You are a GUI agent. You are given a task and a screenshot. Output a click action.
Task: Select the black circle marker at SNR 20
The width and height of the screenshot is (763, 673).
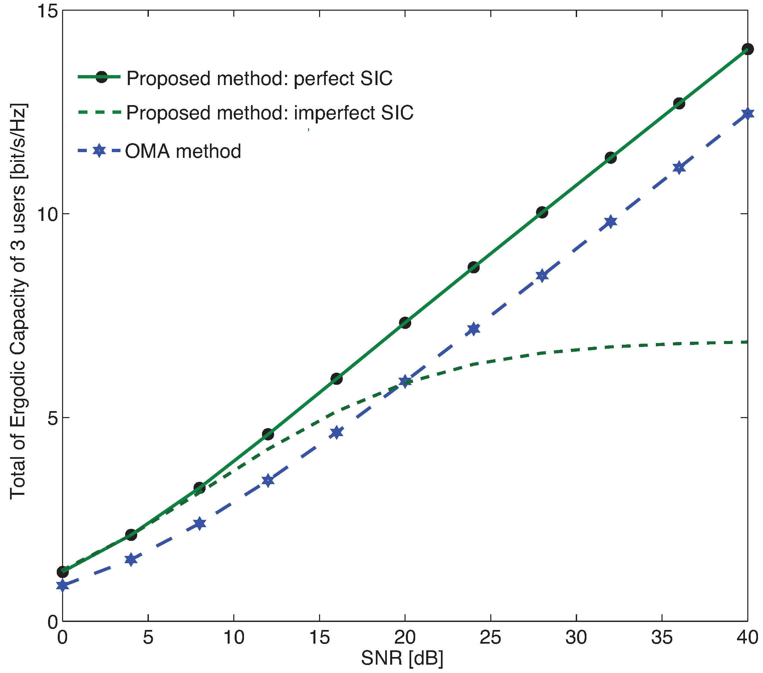point(405,323)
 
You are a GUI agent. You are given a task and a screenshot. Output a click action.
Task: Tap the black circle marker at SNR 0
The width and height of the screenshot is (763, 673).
point(63,572)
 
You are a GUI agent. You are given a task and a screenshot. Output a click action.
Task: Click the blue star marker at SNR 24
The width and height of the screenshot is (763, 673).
point(473,329)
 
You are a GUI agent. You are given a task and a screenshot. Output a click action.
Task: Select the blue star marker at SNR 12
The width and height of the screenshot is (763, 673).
point(268,480)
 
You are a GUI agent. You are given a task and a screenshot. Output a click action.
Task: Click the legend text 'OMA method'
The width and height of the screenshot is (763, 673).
point(183,151)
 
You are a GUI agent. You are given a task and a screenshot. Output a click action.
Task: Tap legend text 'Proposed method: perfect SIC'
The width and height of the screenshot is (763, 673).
point(259,78)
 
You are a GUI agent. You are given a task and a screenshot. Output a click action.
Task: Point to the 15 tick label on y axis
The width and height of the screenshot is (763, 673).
point(47,11)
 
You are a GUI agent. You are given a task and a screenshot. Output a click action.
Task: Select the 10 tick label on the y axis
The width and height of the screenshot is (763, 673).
point(47,214)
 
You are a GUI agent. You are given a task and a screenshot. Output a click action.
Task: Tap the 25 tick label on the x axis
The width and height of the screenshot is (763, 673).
point(490,637)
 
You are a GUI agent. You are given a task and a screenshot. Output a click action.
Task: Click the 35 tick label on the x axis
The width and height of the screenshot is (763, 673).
point(662,637)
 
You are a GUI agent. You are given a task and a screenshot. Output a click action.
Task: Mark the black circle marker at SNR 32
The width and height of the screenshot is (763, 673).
point(611,157)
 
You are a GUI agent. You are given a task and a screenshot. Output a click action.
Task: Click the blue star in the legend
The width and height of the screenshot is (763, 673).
point(99,150)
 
